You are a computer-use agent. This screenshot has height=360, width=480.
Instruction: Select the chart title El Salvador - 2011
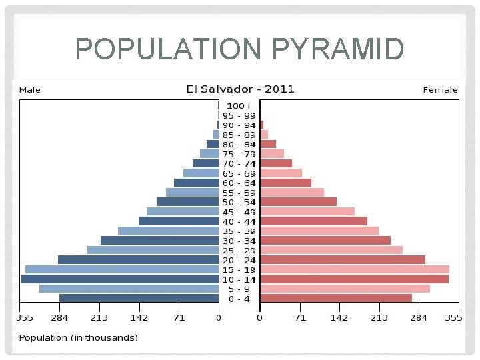[x=239, y=89]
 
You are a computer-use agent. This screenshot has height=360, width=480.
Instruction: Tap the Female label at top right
[x=441, y=89]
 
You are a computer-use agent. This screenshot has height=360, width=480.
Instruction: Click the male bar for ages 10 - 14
[x=120, y=279]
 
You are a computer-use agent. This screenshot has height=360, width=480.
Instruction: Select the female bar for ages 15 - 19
[x=354, y=269]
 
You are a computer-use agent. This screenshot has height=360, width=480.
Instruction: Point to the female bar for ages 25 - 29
[x=331, y=250]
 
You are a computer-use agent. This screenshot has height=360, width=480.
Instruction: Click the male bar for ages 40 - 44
[x=179, y=221]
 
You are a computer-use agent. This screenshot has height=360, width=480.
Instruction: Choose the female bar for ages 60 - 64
[x=285, y=183]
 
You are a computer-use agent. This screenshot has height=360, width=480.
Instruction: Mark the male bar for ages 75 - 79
[x=209, y=153]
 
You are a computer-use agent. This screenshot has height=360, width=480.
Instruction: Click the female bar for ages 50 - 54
[x=298, y=201]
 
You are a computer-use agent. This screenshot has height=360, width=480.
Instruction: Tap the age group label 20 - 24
[x=239, y=260]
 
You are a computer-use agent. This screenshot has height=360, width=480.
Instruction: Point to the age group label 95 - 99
[x=239, y=115]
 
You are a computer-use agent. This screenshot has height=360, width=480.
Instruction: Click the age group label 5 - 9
[x=239, y=289]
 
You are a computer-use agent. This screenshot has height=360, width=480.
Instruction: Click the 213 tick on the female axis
[x=379, y=318]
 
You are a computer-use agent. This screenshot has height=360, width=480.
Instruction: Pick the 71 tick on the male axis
[x=179, y=318]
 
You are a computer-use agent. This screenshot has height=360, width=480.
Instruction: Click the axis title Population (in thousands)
[x=78, y=338]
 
